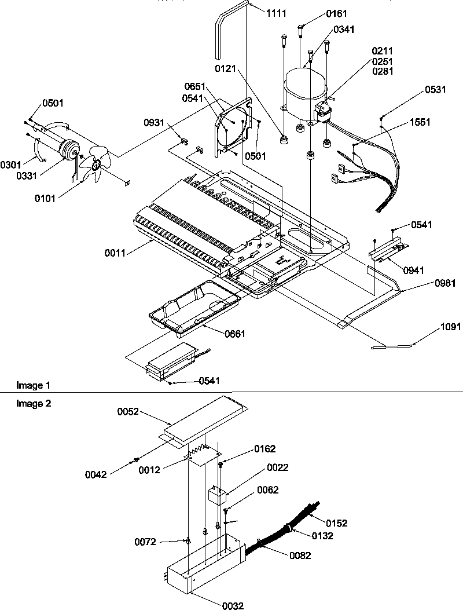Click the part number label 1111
276,13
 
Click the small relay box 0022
216,496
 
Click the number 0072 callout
145,542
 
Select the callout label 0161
321,13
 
